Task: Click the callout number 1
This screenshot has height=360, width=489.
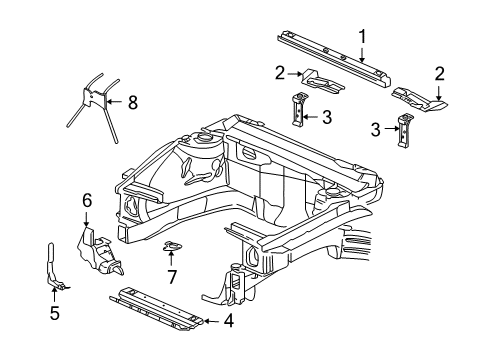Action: click(362, 37)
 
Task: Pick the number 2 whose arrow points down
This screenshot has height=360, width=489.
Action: click(439, 73)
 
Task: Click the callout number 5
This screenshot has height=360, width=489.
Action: click(54, 313)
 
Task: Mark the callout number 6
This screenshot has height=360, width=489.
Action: click(86, 201)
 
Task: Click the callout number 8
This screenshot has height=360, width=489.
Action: click(133, 101)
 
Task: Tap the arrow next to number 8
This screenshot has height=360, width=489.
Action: click(116, 101)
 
